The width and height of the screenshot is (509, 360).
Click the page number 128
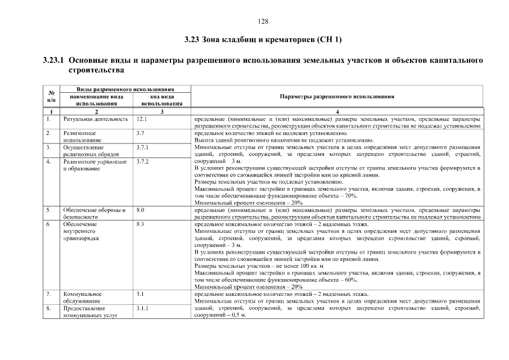[263, 21]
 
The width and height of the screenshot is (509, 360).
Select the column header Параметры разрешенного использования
[336, 96]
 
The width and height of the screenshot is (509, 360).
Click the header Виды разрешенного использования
[125, 89]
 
